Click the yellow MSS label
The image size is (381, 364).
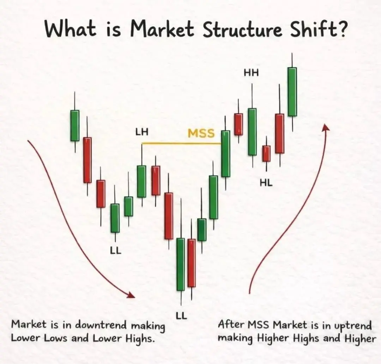tap(201, 133)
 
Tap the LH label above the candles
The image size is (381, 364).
tap(142, 132)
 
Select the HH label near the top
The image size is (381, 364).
tap(252, 73)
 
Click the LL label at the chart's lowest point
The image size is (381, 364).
tap(181, 316)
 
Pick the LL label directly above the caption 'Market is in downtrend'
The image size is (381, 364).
tap(116, 251)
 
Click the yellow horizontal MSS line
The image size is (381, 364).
tap(181, 144)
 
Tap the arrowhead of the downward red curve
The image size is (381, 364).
tap(131, 295)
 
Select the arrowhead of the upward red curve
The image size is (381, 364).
tap(325, 127)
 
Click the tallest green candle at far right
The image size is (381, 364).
tap(292, 92)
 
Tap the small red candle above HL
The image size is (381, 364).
tap(266, 153)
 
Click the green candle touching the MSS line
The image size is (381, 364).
tap(226, 153)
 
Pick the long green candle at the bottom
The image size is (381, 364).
tap(181, 264)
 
